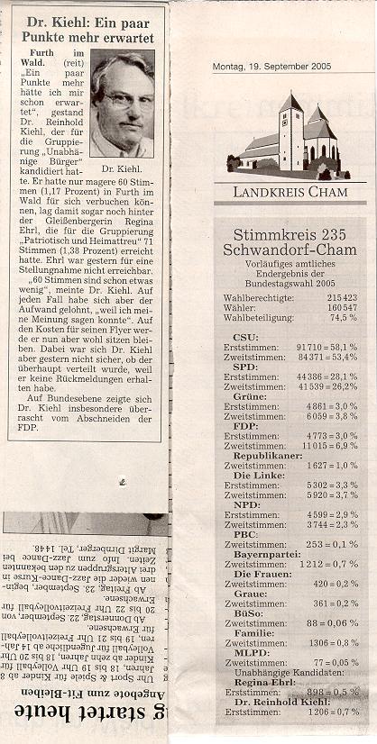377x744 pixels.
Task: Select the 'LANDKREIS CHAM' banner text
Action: [290, 192]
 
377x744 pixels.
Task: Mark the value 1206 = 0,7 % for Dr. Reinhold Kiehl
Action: [328, 712]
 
